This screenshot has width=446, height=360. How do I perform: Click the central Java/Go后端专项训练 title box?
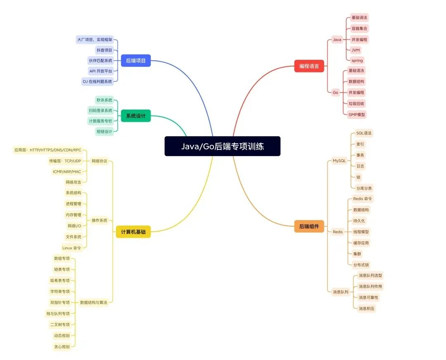222,146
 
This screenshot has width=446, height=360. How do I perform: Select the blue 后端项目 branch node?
135,61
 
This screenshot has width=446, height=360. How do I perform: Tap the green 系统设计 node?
135,116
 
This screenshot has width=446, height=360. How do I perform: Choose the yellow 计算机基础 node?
133,232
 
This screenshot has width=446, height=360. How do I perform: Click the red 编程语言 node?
309,66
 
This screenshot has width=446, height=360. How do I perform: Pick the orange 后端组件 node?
309,226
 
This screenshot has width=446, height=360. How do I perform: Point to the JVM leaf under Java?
355,50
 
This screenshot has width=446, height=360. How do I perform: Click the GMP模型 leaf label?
357,114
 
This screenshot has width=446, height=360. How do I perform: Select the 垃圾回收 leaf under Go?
356,103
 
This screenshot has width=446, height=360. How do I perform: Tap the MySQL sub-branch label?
339,161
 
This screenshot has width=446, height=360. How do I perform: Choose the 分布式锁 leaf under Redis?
361,265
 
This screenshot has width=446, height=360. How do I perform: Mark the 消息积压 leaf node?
367,308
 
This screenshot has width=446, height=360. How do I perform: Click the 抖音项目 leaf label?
104,50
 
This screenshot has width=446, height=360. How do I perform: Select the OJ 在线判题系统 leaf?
97,81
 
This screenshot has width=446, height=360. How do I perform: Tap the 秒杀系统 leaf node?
104,100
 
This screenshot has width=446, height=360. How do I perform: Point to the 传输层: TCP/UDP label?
65,161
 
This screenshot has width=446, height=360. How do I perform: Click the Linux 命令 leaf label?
71,248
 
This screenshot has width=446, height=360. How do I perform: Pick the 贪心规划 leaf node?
62,346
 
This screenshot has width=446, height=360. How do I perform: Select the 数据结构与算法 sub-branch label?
93,303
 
